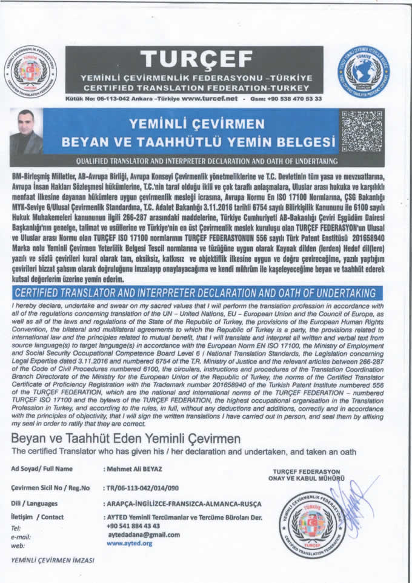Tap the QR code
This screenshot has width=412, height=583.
(x=362, y=130)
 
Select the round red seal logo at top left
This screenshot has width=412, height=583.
(x=30, y=72)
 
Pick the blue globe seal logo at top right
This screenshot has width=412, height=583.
(x=364, y=72)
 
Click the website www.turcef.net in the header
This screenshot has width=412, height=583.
(x=210, y=98)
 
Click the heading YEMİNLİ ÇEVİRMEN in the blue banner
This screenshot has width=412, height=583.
(x=196, y=124)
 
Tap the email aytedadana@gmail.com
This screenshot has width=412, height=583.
(x=144, y=535)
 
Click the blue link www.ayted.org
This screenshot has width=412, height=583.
(x=129, y=544)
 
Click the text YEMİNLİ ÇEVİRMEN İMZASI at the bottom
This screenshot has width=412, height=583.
(x=53, y=561)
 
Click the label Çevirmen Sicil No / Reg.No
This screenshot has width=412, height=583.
(x=50, y=488)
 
